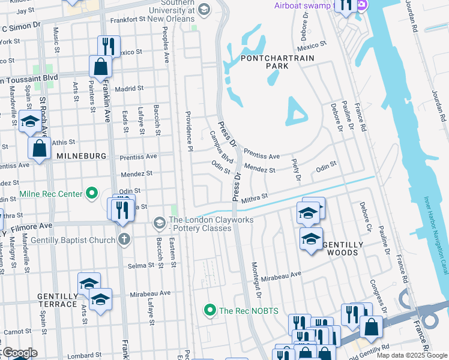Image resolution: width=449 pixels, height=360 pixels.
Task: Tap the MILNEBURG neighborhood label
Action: point(81,156)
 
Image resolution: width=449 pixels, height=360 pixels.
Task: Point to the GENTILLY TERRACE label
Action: point(57,300)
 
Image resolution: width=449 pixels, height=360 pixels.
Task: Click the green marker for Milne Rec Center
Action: point(91,194)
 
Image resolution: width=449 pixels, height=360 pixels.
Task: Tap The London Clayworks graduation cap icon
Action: point(159,223)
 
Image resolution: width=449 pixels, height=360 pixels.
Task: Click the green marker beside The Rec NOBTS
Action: point(209,310)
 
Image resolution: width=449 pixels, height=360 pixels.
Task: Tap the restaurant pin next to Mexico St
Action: point(109,46)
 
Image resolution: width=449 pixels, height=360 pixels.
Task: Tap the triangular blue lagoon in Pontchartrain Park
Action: point(296,112)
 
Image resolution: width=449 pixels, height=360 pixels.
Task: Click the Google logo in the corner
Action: point(20,353)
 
